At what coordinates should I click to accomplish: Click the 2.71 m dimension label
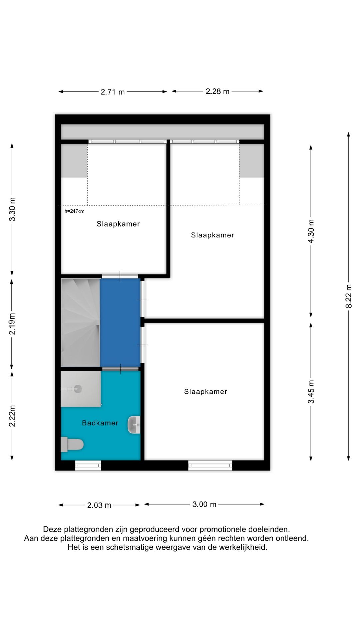tap(113, 92)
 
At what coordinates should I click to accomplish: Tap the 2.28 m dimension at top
tap(217, 91)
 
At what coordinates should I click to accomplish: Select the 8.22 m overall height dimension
tap(349, 296)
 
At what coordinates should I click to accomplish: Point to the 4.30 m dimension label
tap(311, 231)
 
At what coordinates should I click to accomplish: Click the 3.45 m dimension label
tap(311, 392)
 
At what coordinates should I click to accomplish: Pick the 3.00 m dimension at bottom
tap(204, 504)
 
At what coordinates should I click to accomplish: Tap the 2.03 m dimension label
tap(99, 505)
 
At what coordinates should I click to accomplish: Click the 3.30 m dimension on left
tap(12, 209)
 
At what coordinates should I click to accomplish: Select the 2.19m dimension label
tap(12, 324)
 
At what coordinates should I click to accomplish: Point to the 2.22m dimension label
tap(12, 416)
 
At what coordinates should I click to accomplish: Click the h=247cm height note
tap(74, 211)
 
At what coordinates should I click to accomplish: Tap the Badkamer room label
tap(100, 423)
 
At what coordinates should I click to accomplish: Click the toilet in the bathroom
tap(72, 444)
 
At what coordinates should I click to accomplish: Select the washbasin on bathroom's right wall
tap(134, 425)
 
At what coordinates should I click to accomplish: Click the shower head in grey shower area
tap(77, 389)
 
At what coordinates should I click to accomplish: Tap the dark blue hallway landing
tap(120, 323)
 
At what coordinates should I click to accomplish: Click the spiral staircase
tap(80, 323)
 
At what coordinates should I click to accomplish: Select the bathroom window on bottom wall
tap(88, 465)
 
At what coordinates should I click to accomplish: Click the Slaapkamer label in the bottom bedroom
tap(205, 392)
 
